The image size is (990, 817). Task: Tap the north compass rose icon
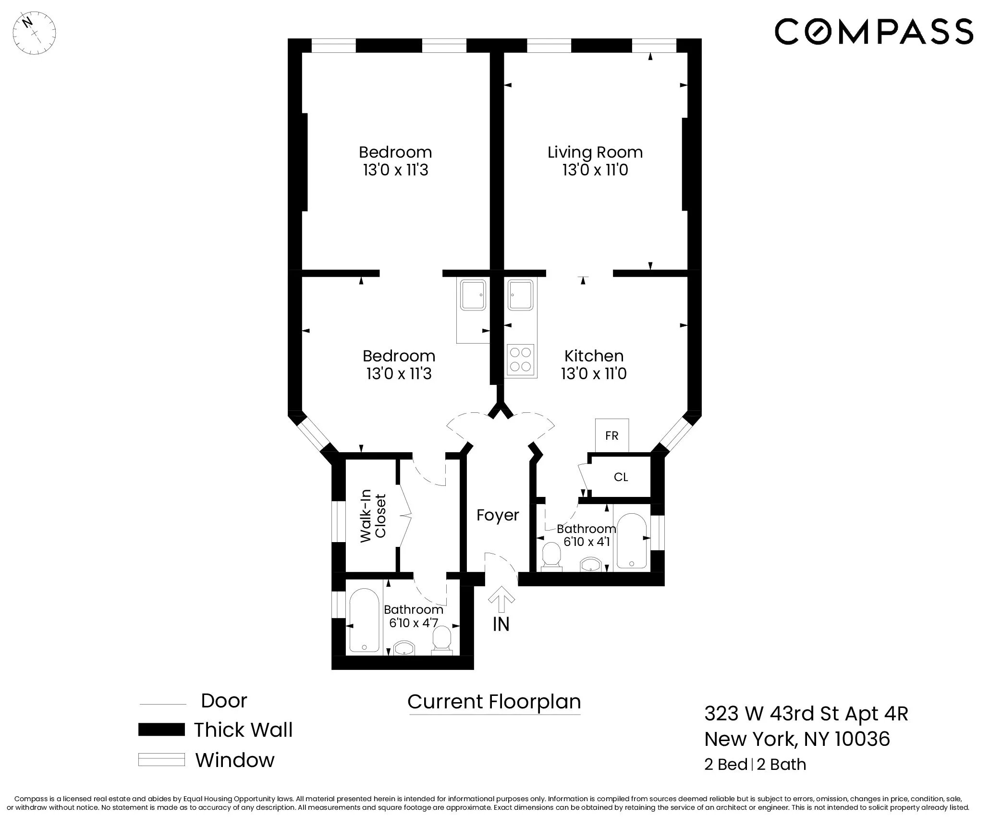(34, 33)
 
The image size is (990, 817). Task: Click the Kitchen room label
(594, 356)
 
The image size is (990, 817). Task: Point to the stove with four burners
(520, 360)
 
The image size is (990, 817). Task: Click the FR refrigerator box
(611, 435)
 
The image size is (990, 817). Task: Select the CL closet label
(621, 477)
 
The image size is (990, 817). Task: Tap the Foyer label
(498, 515)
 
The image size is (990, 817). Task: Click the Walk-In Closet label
(373, 516)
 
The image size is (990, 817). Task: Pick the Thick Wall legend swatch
(161, 730)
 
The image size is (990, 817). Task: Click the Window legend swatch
(161, 760)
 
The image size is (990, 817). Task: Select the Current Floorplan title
(494, 702)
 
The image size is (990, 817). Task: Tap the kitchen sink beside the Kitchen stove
(521, 296)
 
